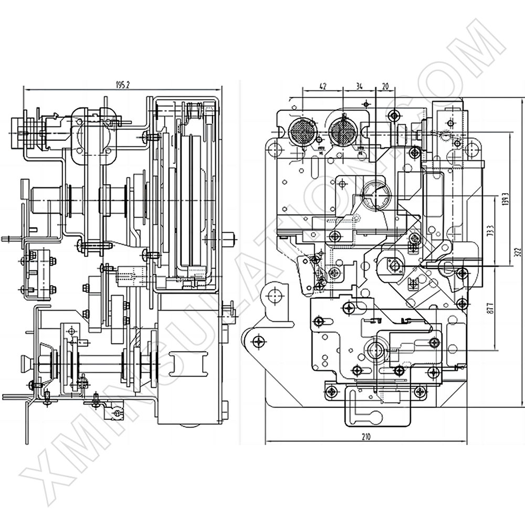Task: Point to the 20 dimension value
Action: (385, 86)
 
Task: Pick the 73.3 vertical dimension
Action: (490, 231)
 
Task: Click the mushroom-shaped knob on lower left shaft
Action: (25, 363)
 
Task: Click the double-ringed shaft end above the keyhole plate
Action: (375, 349)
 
